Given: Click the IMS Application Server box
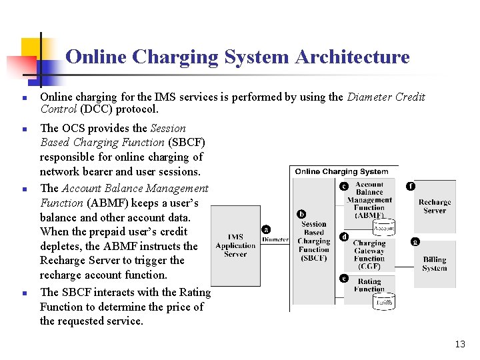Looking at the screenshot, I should [x=235, y=245].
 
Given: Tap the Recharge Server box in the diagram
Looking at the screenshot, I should [x=435, y=206].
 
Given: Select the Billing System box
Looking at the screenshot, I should [x=434, y=264].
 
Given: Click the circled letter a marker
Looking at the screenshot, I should [x=266, y=229].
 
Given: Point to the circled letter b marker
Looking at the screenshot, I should [x=302, y=214].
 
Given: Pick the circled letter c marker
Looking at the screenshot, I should [x=344, y=186].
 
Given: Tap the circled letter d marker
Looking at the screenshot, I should [x=344, y=237].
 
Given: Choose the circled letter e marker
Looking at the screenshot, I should [x=344, y=278].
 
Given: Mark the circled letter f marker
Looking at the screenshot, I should [x=411, y=186].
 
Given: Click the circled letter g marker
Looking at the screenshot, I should [x=415, y=241].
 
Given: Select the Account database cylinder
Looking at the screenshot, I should [x=384, y=227].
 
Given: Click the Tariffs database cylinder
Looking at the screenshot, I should [x=384, y=302].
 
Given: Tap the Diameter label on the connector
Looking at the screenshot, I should [x=275, y=239].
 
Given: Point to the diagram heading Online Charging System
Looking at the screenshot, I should [x=341, y=171].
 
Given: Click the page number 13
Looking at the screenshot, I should [x=460, y=344].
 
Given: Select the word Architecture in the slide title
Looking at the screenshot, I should [x=352, y=57].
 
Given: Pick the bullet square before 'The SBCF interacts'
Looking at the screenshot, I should [x=23, y=293].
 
